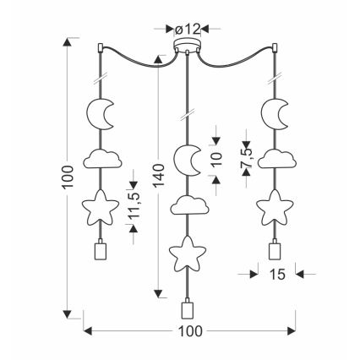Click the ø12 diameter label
tap(187, 30)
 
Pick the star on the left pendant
tap(101, 208)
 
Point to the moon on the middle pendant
tap(186, 160)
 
